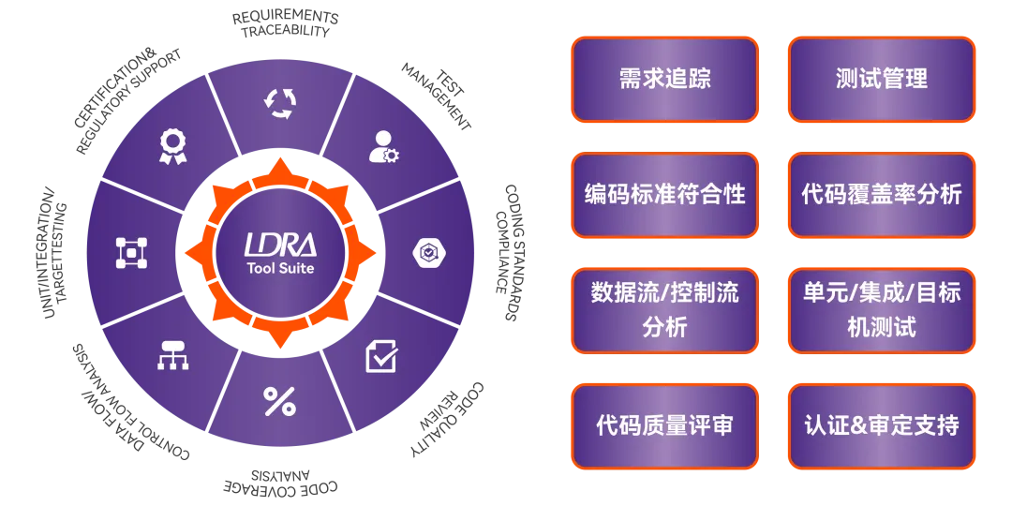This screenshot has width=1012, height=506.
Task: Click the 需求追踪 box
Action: point(664,79)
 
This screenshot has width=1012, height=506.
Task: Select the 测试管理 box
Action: point(881,79)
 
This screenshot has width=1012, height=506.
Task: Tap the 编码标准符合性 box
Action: point(664,195)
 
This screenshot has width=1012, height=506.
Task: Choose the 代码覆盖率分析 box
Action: point(881,195)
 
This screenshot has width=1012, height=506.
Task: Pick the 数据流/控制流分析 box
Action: point(664,310)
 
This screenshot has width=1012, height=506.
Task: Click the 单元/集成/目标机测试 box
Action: point(881,310)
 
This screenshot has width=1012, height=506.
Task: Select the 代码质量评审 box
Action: point(664,426)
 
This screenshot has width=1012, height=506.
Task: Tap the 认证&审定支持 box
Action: point(881,426)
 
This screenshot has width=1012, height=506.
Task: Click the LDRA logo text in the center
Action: point(279,245)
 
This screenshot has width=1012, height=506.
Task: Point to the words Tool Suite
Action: point(279,268)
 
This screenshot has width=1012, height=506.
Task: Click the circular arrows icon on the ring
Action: point(279,103)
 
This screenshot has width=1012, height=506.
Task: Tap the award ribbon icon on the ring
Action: point(172,145)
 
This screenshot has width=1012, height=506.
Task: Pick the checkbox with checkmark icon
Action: point(381,356)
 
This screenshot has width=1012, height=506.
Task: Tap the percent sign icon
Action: point(279,402)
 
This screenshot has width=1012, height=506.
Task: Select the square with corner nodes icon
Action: point(131,252)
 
